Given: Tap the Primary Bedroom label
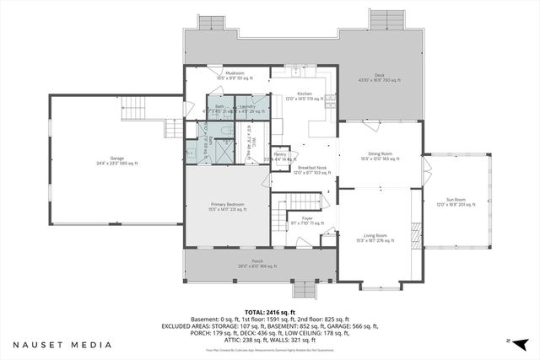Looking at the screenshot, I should pos(227,205).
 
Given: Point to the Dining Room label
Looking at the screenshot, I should pos(380,156).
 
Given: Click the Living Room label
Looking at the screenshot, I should pos(375,237).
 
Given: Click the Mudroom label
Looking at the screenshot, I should pos(235,75).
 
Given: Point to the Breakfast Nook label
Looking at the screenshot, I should pos(312,169).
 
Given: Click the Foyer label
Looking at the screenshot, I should pos(307,221).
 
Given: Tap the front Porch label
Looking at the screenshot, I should pos(246,263).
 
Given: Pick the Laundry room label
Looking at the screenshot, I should pos(247,108).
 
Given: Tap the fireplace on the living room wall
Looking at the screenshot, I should pos(416,233).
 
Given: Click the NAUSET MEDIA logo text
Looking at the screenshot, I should pos(62,345).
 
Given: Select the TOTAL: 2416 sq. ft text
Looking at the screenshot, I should pos(269,311).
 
